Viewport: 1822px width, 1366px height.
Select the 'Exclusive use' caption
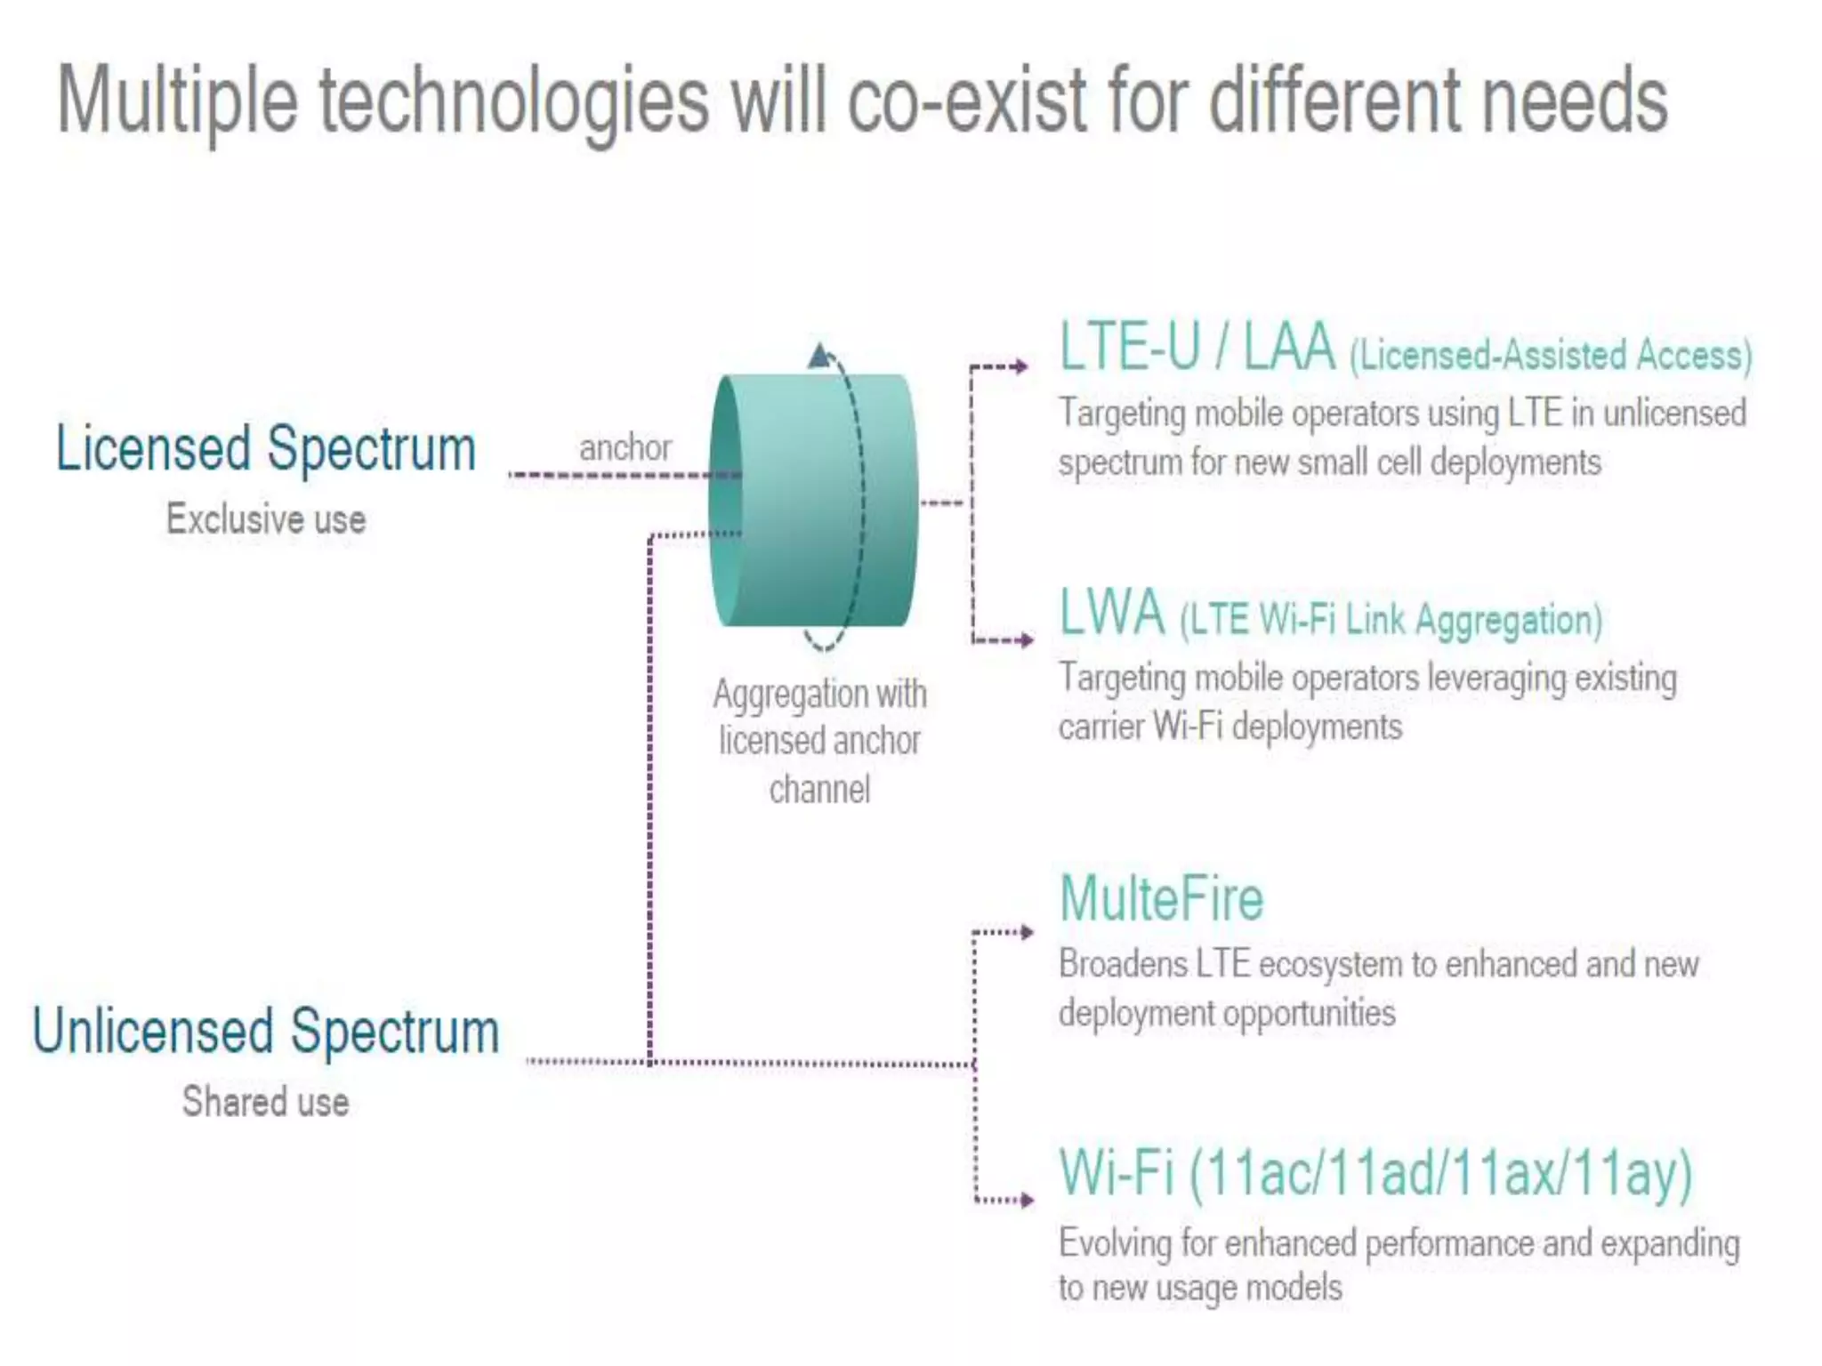(265, 519)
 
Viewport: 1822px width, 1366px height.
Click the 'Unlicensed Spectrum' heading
(265, 1032)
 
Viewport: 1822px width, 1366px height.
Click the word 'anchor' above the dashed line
(625, 447)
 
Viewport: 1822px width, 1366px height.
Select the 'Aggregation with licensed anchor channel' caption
(819, 741)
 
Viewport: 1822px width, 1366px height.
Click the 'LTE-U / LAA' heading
(1197, 347)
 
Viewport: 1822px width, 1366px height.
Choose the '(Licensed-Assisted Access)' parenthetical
(1551, 356)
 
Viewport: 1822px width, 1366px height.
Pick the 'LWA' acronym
(1112, 613)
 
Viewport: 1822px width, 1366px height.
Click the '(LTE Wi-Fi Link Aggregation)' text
(1391, 620)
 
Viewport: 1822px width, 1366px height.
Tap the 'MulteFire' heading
(1161, 899)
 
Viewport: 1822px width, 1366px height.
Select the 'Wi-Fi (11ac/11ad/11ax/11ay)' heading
(1375, 1173)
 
